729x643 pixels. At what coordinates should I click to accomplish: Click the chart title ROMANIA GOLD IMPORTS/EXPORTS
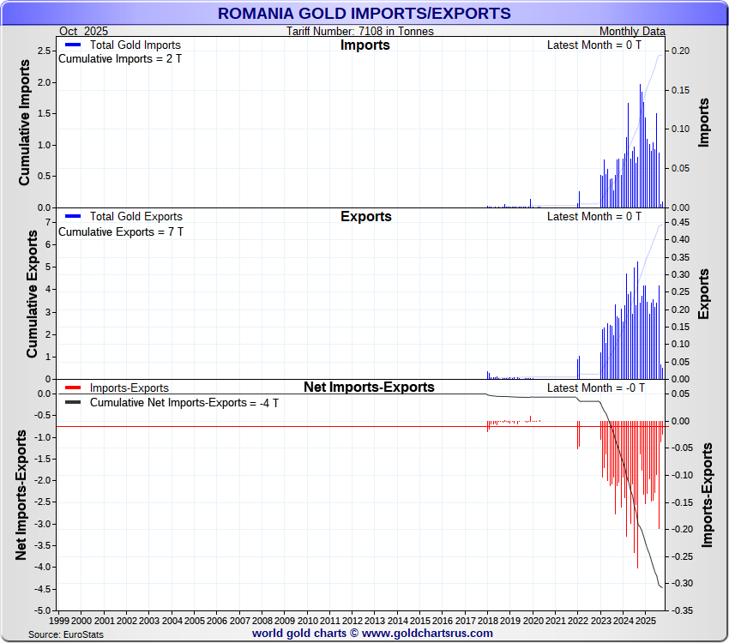(364, 14)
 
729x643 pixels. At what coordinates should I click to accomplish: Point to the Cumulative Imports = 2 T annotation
(120, 59)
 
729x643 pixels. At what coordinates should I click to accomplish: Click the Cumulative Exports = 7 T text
(120, 231)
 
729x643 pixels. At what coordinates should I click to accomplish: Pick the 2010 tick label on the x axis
(307, 619)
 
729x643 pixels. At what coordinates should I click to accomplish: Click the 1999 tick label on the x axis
(59, 619)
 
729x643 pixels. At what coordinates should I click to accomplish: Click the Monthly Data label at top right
(632, 32)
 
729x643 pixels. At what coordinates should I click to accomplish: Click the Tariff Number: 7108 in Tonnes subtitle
(360, 32)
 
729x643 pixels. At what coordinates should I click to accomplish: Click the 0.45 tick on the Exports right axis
(680, 222)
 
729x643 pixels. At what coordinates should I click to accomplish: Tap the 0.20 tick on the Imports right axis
(680, 51)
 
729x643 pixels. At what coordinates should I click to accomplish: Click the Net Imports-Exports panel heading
(369, 388)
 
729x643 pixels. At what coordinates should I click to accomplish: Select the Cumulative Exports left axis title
(32, 294)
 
